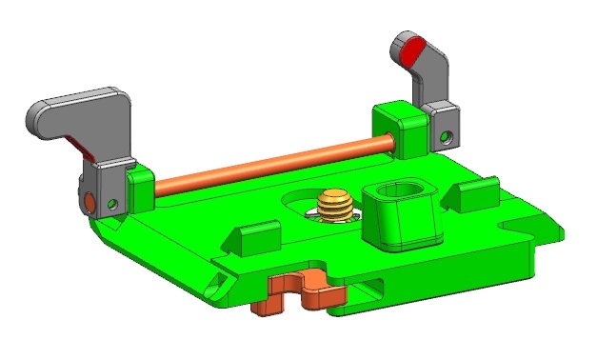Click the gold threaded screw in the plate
[x=334, y=203]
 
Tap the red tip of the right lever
[x=408, y=48]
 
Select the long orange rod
[x=267, y=164]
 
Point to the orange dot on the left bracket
[x=88, y=202]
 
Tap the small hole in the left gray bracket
[x=113, y=203]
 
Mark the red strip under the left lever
[x=83, y=148]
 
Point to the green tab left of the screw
[x=256, y=237]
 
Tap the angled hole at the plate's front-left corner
[x=217, y=279]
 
